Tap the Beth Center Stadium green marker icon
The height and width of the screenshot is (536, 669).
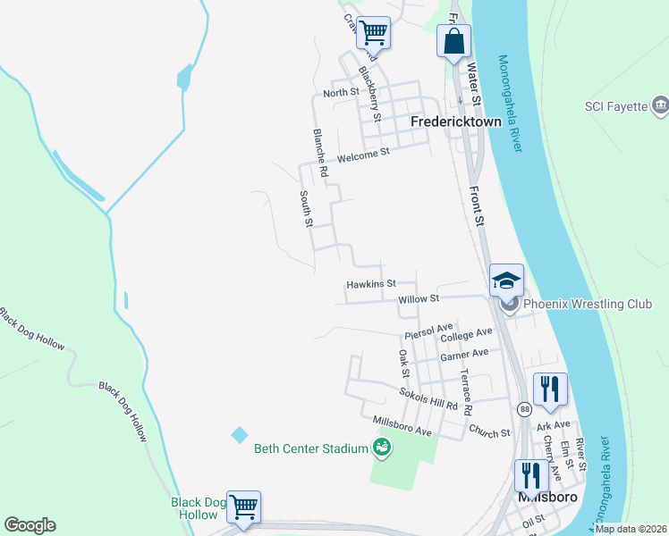point(383,447)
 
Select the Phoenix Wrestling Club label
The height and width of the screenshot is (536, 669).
point(588,304)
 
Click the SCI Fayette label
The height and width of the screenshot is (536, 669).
point(615,106)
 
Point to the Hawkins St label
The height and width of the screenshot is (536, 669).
point(370,285)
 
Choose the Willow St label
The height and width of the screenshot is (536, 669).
point(419,299)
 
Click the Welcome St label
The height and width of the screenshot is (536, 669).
point(364,153)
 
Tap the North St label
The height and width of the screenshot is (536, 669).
point(341,93)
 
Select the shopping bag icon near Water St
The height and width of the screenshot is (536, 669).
point(453,42)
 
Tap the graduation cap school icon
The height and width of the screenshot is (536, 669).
point(506,280)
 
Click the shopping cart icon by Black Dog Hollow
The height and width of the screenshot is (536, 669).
point(243,507)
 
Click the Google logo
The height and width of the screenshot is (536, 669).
point(30,524)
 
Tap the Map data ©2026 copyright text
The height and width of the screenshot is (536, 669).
point(631,529)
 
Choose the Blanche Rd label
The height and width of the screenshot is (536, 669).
point(321,150)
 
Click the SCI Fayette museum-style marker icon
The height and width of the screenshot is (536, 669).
point(660,105)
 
